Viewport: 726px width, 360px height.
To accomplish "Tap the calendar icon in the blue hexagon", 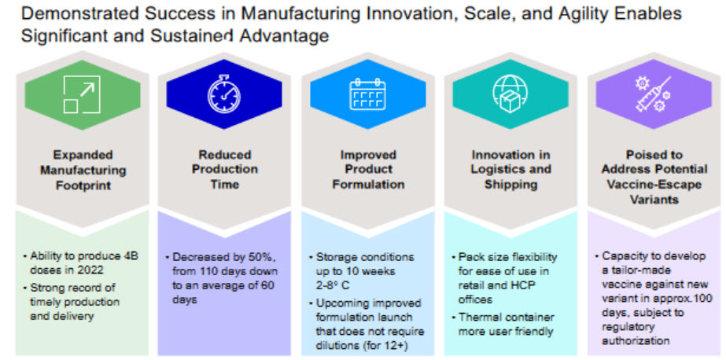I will [x=368, y=95].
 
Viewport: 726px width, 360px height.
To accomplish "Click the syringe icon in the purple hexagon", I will [x=652, y=95].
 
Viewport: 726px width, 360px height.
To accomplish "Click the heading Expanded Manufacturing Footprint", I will [x=83, y=170].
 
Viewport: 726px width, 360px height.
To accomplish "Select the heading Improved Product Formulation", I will [x=368, y=170].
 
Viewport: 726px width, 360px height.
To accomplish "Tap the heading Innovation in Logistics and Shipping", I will [x=511, y=170].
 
